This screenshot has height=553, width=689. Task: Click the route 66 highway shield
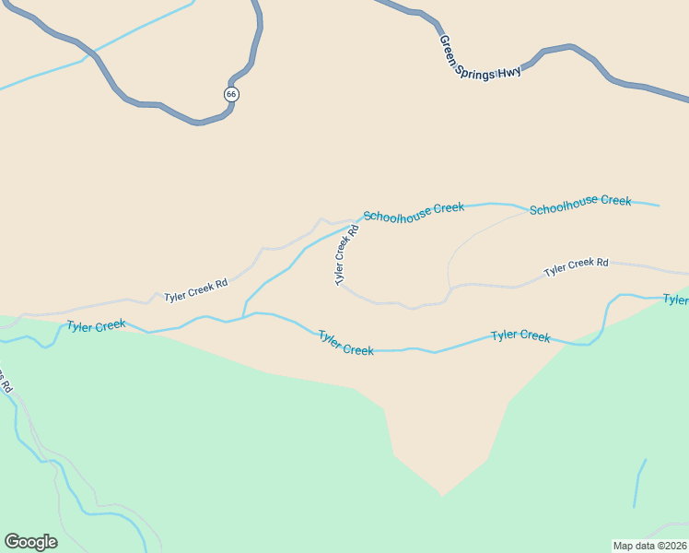pyautogui.click(x=231, y=94)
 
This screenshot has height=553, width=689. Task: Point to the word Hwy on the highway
pyautogui.click(x=510, y=71)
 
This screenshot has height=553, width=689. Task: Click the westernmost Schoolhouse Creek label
pyautogui.click(x=414, y=211)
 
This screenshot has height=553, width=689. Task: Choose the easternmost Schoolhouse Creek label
pyautogui.click(x=580, y=204)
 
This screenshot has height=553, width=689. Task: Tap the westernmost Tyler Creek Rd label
pyautogui.click(x=195, y=290)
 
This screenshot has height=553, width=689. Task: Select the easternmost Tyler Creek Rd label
pyautogui.click(x=576, y=266)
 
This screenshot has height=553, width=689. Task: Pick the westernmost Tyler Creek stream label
pyautogui.click(x=96, y=325)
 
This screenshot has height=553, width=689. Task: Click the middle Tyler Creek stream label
pyautogui.click(x=345, y=343)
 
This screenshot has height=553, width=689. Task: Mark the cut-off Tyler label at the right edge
pyautogui.click(x=676, y=300)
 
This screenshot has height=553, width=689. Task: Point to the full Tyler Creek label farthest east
pyautogui.click(x=520, y=335)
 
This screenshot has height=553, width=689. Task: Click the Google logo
pyautogui.click(x=30, y=542)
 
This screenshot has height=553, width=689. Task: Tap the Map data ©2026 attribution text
pyautogui.click(x=649, y=546)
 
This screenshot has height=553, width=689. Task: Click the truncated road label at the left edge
pyautogui.click(x=5, y=381)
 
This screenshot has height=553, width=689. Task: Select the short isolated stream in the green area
pyautogui.click(x=639, y=482)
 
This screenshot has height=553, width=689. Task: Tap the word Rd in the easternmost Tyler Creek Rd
pyautogui.click(x=601, y=263)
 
